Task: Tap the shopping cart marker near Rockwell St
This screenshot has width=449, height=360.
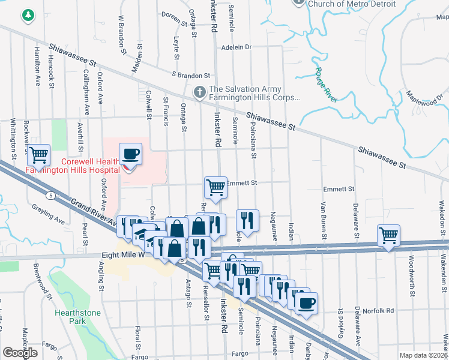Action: [38, 155]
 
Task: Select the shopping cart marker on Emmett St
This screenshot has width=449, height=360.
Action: [215, 187]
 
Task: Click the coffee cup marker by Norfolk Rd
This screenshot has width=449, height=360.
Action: [307, 302]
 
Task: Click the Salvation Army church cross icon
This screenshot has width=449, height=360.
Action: [200, 92]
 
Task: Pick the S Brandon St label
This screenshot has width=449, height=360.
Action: [190, 76]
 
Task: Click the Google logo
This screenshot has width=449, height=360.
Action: [20, 353]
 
